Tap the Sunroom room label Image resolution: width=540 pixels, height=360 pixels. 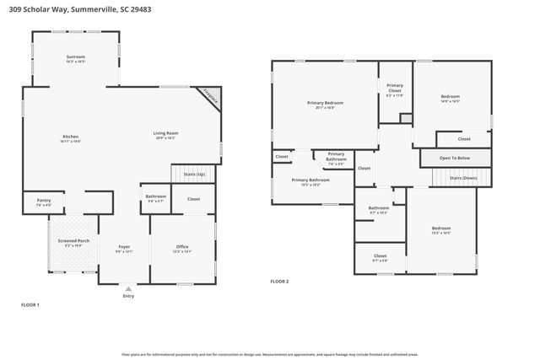tap(76, 58)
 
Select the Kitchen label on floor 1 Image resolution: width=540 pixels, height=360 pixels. tap(71, 138)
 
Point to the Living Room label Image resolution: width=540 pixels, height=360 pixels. tap(165, 134)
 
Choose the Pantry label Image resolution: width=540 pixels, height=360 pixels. tap(43, 201)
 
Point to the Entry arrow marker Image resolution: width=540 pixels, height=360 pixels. tap(128, 288)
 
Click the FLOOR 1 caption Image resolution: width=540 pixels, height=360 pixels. tap(30, 304)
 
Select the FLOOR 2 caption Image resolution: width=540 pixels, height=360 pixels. tap(279, 281)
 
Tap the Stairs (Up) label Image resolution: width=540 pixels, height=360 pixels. tap(195, 174)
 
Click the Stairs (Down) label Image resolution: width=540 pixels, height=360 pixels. tap(462, 178)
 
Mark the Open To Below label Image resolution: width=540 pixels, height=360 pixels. tap(455, 158)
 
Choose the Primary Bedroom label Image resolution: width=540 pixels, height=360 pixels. tap(325, 105)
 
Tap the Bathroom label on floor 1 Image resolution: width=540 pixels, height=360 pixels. tap(156, 197)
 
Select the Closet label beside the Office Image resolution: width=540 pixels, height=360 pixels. tap(193, 199)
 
